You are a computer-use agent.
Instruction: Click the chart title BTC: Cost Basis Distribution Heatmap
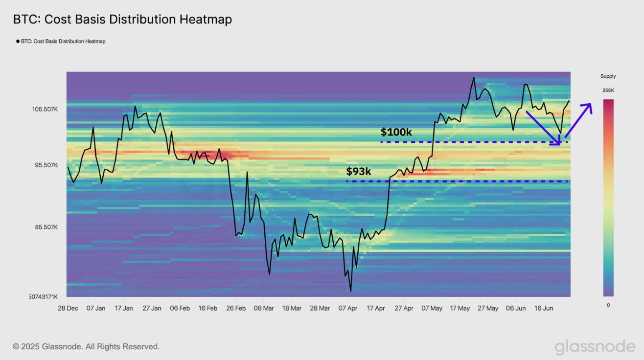pos(122,20)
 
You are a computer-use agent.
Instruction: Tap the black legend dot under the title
pos(18,42)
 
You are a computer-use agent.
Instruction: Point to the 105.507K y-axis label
pos(45,109)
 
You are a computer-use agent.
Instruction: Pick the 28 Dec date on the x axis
pos(68,308)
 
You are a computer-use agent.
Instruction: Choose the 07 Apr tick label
pos(348,308)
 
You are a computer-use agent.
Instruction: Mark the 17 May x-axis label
pos(459,308)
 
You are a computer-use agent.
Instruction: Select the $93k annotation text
pos(359,172)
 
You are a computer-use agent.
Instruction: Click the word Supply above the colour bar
pos(608,76)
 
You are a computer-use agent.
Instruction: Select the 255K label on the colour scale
pos(608,90)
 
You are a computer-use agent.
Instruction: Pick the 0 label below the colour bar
pos(608,305)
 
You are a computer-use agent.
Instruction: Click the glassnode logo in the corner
pos(595,347)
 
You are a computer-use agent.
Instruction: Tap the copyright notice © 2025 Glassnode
pos(86,347)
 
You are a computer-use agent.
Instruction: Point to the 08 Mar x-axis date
pos(264,308)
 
